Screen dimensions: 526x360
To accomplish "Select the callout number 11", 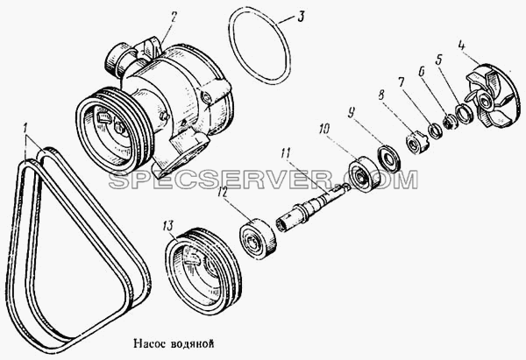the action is [x=286, y=154].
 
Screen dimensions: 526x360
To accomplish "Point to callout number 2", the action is [x=173, y=17].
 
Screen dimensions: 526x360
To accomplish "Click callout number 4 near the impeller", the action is [x=463, y=46].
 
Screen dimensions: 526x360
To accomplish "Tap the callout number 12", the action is [x=223, y=193].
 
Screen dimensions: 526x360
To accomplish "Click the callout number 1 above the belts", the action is [x=25, y=128].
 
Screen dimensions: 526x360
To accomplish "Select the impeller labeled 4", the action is [x=491, y=95].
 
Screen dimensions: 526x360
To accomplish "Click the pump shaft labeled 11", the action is [x=312, y=204].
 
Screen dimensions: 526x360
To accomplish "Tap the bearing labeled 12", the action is [x=259, y=238].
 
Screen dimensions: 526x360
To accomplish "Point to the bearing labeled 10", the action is [x=365, y=175].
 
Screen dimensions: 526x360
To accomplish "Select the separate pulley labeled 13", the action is [x=203, y=272].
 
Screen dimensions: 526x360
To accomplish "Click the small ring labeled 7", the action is [x=436, y=131].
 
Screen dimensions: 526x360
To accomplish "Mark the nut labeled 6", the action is [x=449, y=122].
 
